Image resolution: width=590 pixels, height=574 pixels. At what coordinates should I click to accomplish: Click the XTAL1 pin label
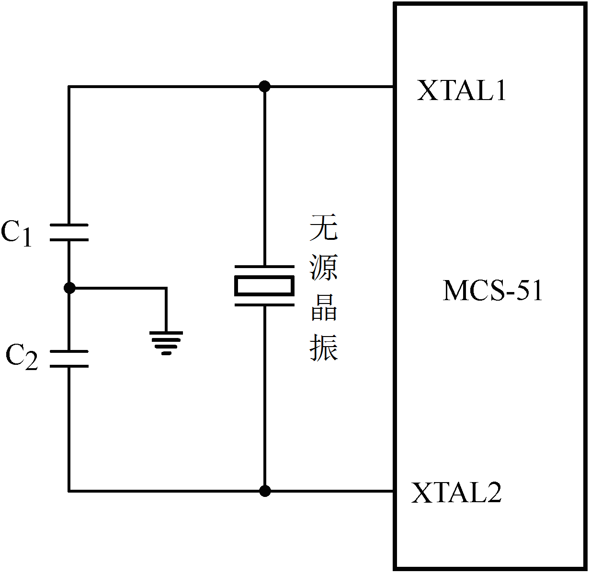pos(461,90)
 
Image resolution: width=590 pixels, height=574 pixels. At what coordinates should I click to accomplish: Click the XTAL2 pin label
pos(456,493)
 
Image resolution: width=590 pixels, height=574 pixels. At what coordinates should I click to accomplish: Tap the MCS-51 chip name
pos(493,291)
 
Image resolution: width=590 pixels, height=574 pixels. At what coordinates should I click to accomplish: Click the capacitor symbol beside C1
pos(69,232)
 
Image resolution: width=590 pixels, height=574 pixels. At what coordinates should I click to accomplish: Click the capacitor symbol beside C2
pos(69,359)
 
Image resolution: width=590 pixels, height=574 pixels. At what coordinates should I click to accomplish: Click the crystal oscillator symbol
pos(264,286)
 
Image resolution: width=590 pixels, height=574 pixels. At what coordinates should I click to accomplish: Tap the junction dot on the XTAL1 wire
pos(264,87)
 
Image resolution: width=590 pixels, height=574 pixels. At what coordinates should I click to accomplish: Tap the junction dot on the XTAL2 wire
pos(264,491)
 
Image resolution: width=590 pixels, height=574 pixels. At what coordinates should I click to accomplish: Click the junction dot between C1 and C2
pos(69,288)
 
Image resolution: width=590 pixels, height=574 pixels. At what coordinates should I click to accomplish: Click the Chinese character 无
pos(324,228)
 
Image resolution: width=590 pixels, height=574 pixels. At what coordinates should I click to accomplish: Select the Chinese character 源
pos(324,268)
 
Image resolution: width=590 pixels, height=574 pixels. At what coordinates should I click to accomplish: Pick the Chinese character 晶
pos(324,307)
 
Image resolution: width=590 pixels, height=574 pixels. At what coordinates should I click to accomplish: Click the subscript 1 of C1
pos(27,238)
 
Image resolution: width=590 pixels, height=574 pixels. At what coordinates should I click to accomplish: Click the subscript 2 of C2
pos(31,362)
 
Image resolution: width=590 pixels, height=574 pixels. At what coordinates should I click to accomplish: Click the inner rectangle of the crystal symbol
pos(264,286)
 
